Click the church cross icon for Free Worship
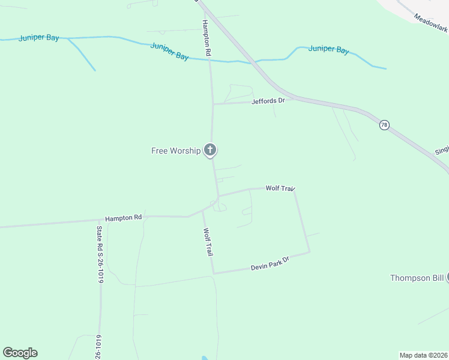(x=209, y=149)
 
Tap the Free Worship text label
(x=176, y=151)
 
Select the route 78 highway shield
(x=384, y=125)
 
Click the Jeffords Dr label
(x=269, y=101)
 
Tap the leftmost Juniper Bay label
(x=39, y=38)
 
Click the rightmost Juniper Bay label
(x=328, y=49)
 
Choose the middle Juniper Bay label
(x=170, y=51)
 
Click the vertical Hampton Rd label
(x=206, y=38)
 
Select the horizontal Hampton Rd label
(x=123, y=218)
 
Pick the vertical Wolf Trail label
(x=208, y=242)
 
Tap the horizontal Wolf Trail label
(x=280, y=188)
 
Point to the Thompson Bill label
(x=417, y=277)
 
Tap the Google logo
(x=20, y=353)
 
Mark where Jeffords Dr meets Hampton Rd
(x=212, y=104)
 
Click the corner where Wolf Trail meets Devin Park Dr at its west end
(x=214, y=274)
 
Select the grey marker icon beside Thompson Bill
(x=447, y=277)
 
